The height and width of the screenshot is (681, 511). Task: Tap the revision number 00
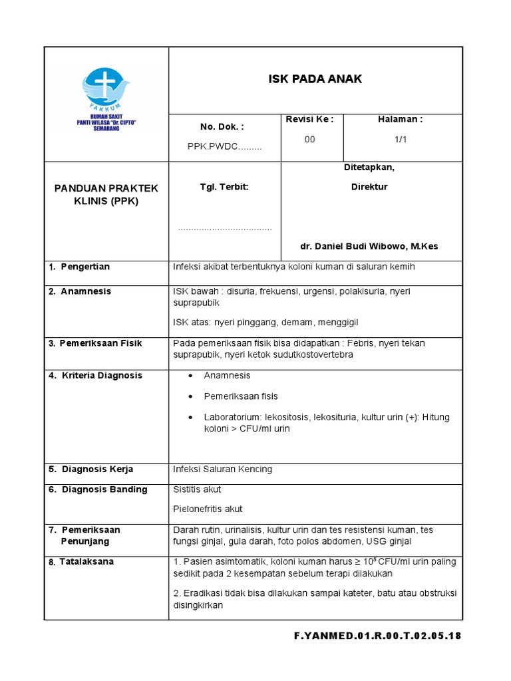[x=309, y=139]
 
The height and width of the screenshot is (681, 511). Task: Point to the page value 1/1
[x=400, y=139]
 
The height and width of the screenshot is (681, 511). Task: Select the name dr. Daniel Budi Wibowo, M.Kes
[x=369, y=246]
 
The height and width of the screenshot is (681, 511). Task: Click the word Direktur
[x=369, y=187]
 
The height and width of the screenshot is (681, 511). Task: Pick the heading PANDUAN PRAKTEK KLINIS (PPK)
[x=106, y=194]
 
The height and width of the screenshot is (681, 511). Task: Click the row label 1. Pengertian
[x=79, y=267]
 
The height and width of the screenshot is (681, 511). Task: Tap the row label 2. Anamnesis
[x=80, y=291]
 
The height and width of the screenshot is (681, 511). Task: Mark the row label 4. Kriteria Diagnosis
[x=95, y=375]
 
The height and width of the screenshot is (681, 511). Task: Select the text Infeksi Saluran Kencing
[x=222, y=469]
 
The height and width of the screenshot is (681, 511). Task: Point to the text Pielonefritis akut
[x=208, y=509]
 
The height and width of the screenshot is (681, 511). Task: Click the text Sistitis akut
[x=197, y=489]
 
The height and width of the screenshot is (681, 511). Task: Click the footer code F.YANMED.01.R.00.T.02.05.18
[x=377, y=636]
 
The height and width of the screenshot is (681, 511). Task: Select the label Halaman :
[x=400, y=119]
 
